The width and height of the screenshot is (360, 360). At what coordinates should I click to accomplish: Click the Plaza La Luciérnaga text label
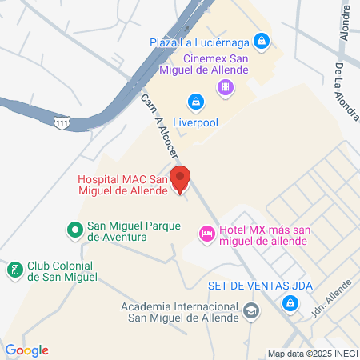[201, 41]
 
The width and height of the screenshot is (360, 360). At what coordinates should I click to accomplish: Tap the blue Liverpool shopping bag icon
[195, 101]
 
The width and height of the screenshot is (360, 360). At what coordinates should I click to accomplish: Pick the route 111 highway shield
[61, 121]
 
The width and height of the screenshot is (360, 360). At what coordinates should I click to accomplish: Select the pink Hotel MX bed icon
[206, 233]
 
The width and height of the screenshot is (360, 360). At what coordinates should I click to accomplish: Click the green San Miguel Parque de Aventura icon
[74, 230]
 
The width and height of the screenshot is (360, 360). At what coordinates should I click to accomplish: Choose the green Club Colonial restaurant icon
[14, 270]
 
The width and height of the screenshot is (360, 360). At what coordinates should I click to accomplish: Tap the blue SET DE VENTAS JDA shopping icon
[290, 303]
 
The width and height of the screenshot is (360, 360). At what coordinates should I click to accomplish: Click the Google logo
[26, 350]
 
